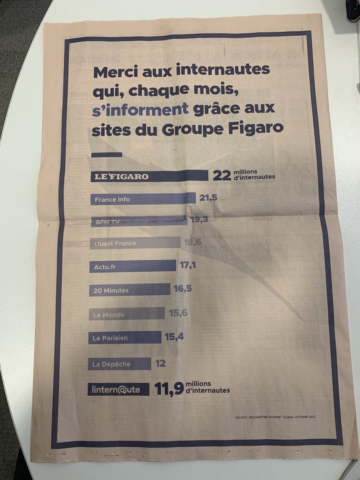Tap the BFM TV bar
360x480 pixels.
[x=138, y=221]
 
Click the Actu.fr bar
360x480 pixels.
[x=132, y=266]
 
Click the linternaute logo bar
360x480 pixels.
[x=118, y=389]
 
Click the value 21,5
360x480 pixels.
[x=207, y=198]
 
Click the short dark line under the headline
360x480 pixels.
[x=106, y=154]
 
